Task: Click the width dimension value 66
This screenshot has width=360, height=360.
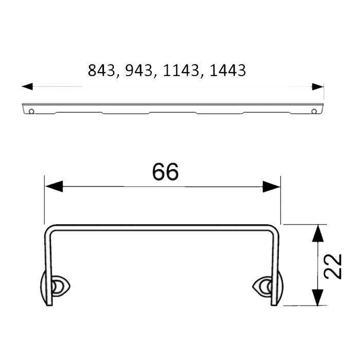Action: point(165,172)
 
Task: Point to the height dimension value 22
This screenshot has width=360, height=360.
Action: point(334,266)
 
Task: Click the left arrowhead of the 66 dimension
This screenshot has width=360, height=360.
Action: point(53,187)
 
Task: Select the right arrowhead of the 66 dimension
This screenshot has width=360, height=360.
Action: point(271,187)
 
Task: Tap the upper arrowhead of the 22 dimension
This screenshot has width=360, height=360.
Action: point(319,234)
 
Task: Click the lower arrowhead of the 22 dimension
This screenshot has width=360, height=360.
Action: point(319,297)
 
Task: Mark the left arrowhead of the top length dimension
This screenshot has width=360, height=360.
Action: point(27,86)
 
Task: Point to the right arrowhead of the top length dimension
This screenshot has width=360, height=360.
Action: point(318,86)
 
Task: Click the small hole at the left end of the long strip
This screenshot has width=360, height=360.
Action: point(32,111)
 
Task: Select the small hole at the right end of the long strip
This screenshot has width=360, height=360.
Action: point(314,111)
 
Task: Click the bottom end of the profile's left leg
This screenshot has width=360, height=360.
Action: point(50,304)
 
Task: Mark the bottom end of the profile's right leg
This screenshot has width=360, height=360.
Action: point(275,304)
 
